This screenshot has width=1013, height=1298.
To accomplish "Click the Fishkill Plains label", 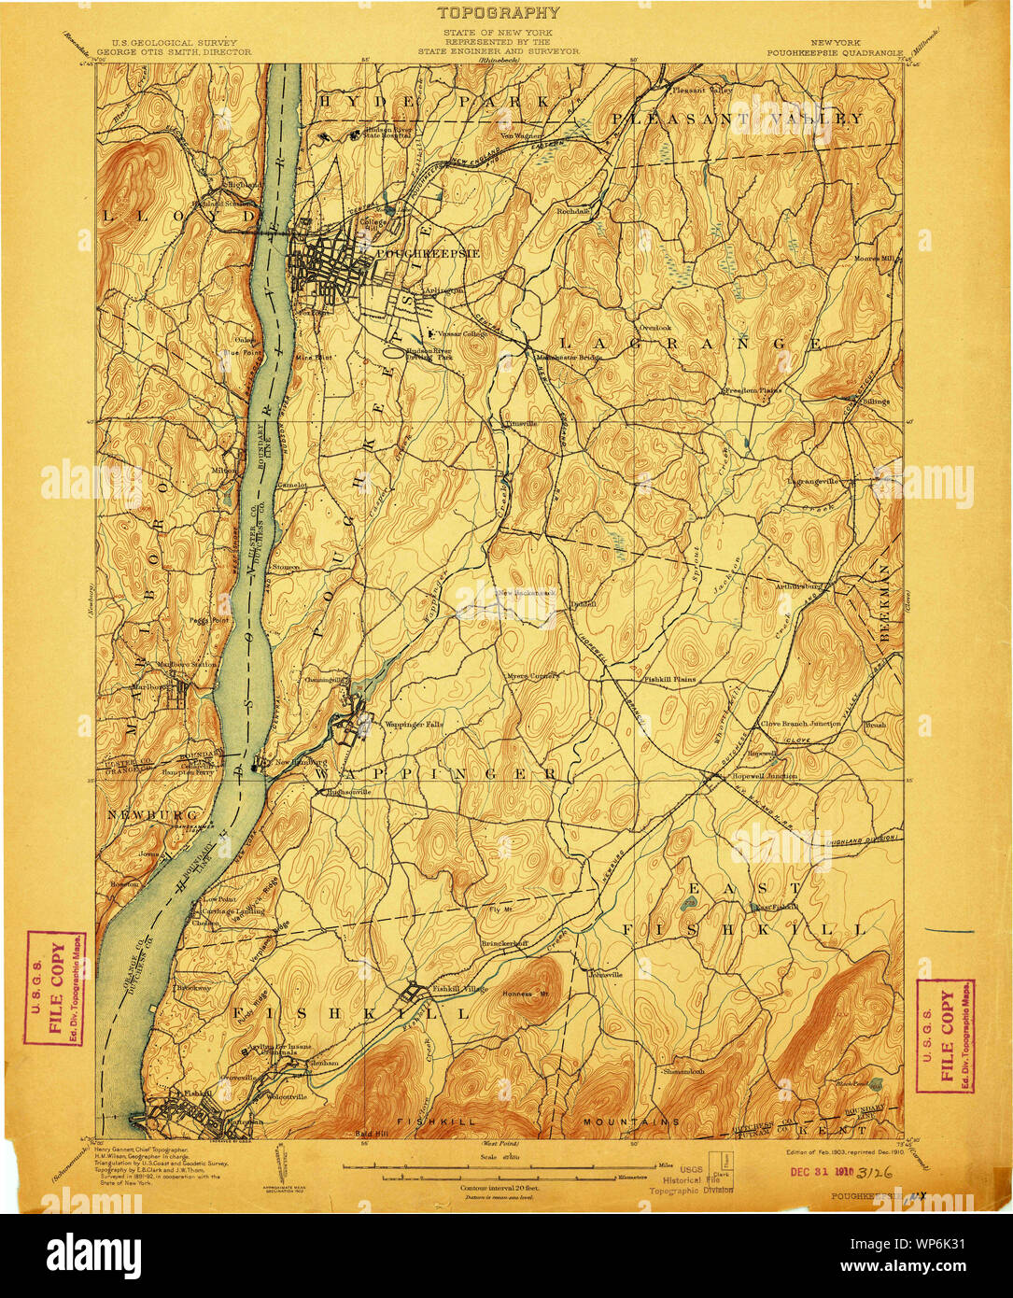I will (x=669, y=680).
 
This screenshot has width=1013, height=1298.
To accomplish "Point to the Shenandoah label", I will (x=689, y=1071).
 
